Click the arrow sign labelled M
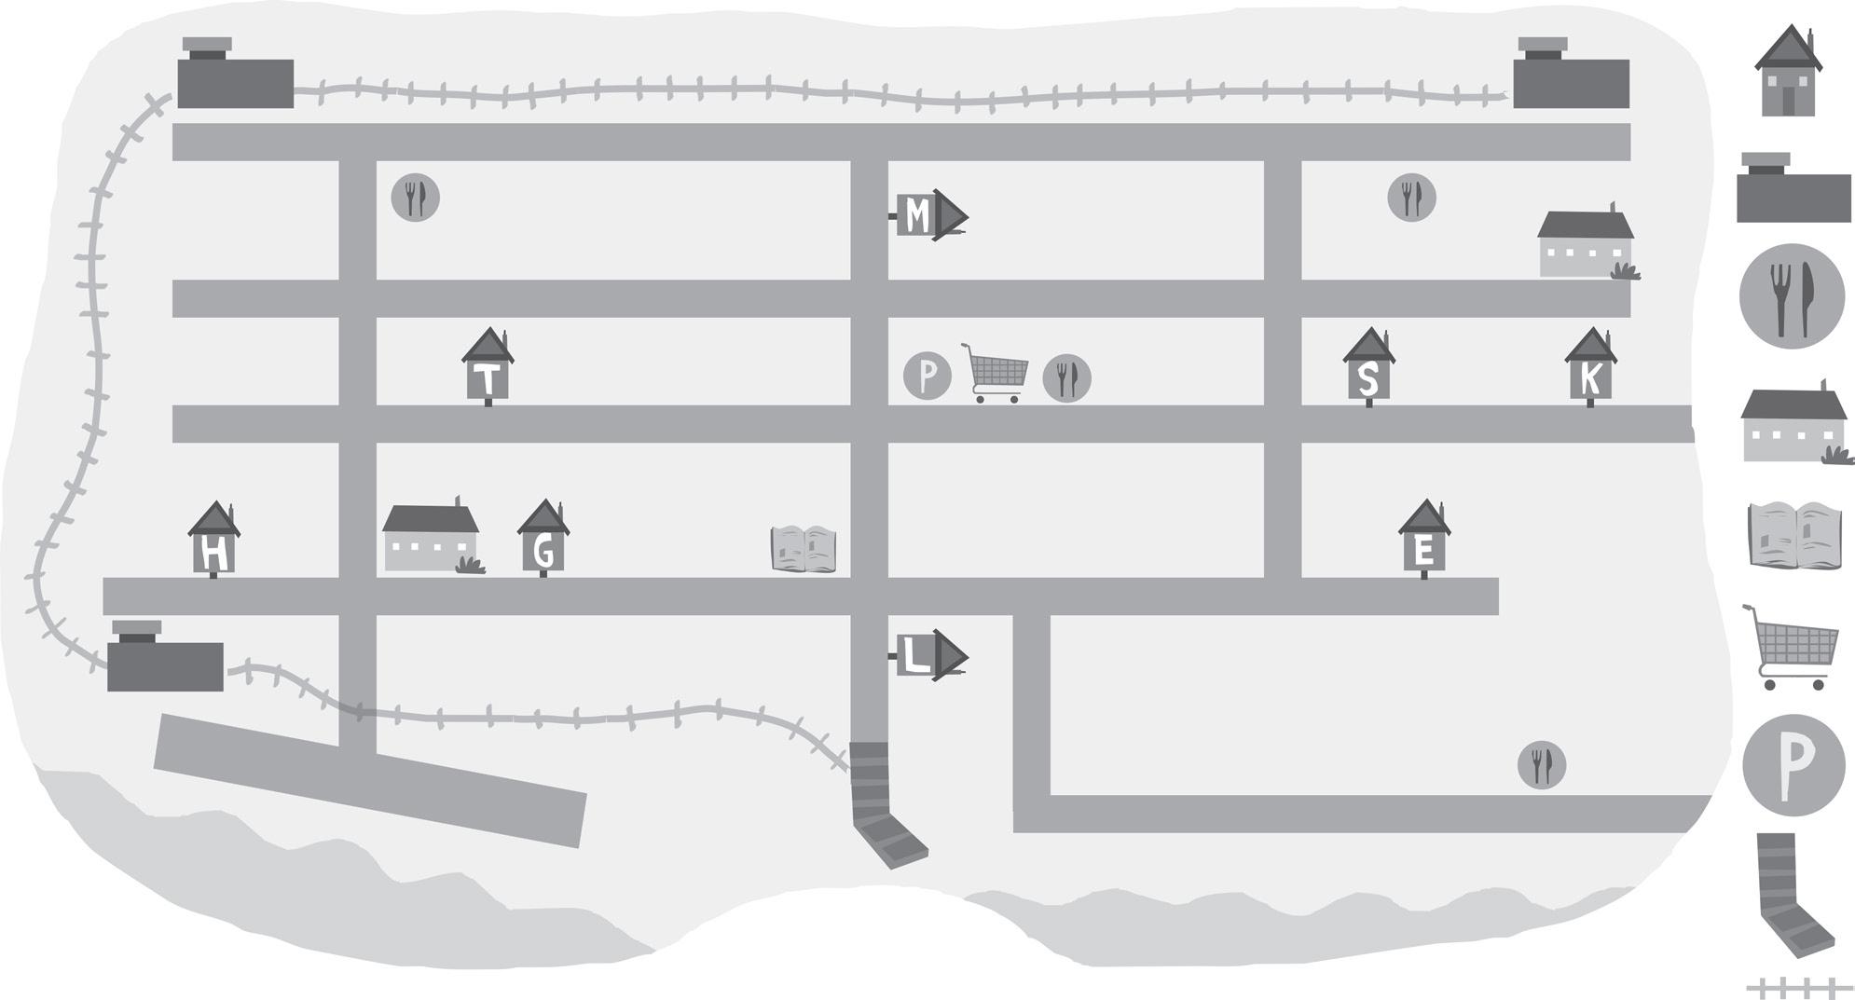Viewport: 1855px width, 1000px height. click(929, 216)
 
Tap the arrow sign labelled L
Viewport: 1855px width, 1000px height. click(929, 657)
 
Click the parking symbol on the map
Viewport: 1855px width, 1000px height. click(927, 376)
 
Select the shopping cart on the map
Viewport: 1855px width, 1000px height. click(995, 373)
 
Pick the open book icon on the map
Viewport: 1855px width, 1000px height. click(804, 549)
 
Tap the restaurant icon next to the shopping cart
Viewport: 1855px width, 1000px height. click(1066, 378)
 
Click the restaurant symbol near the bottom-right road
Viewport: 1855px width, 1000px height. click(1542, 765)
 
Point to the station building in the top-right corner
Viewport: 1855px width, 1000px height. click(1572, 74)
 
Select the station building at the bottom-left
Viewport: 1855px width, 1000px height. click(165, 656)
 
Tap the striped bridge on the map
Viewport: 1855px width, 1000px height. click(885, 801)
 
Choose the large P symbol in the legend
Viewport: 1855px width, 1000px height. click(1793, 765)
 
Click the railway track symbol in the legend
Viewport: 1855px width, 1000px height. click(1799, 986)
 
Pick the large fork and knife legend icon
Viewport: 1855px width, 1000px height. click(1792, 297)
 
